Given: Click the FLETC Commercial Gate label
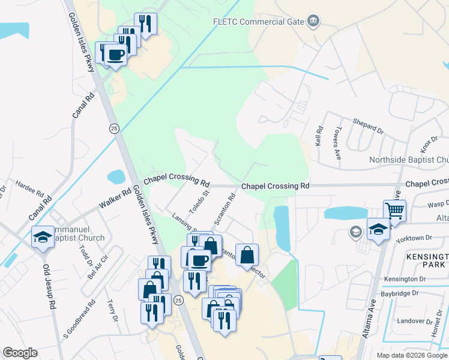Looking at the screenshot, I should (258, 22).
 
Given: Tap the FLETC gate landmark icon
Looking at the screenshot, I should (312, 22).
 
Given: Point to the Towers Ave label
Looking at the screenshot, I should (337, 142).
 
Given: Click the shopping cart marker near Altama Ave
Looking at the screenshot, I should (395, 211).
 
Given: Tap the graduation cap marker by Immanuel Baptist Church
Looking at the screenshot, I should (43, 237).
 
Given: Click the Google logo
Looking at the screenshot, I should (20, 353).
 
